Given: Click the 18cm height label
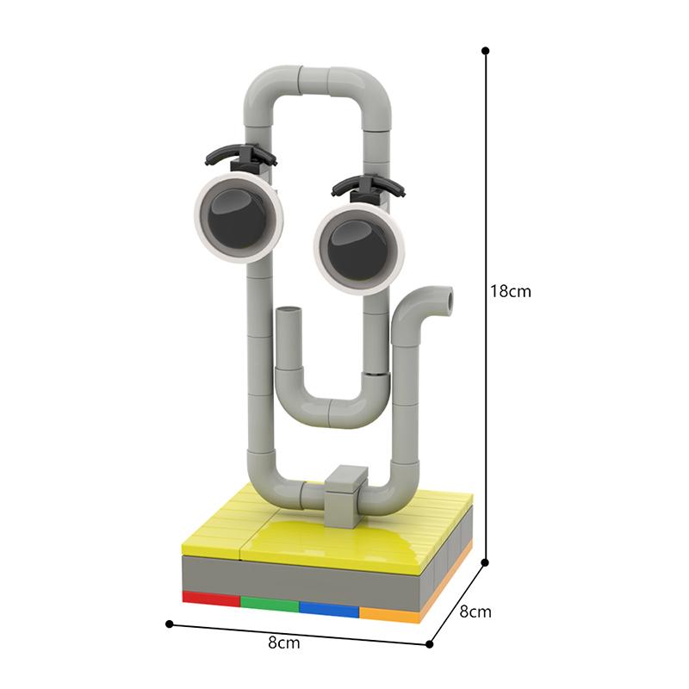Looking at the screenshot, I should pyautogui.click(x=511, y=291).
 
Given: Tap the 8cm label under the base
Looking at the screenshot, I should pyautogui.click(x=284, y=642).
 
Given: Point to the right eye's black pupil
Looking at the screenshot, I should pyautogui.click(x=358, y=249).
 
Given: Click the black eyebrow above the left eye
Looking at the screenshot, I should pyautogui.click(x=241, y=154).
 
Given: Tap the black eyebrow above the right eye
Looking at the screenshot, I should pyautogui.click(x=369, y=184).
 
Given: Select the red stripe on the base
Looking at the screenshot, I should pyautogui.click(x=211, y=598).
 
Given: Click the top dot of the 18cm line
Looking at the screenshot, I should pyautogui.click(x=485, y=51).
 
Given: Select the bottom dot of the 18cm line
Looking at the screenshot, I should pyautogui.click(x=485, y=563).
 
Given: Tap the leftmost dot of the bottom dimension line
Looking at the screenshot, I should pyautogui.click(x=170, y=624).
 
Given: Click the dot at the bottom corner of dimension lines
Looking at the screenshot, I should pyautogui.click(x=431, y=642).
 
